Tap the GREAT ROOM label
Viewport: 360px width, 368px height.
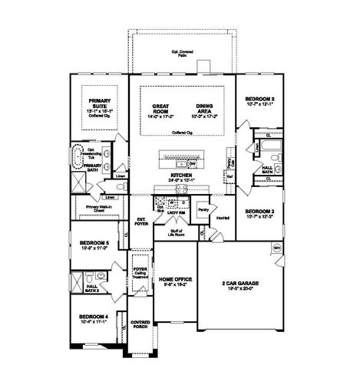160,108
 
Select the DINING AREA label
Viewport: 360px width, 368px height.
203,108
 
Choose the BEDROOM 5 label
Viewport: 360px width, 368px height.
94,245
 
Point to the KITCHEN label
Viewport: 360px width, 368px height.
181,176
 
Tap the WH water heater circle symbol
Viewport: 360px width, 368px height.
276,248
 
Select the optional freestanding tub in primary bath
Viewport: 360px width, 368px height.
79,158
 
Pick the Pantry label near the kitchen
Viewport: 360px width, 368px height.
203,209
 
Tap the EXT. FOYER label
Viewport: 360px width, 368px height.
141,222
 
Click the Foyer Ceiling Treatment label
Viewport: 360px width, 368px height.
140,273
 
